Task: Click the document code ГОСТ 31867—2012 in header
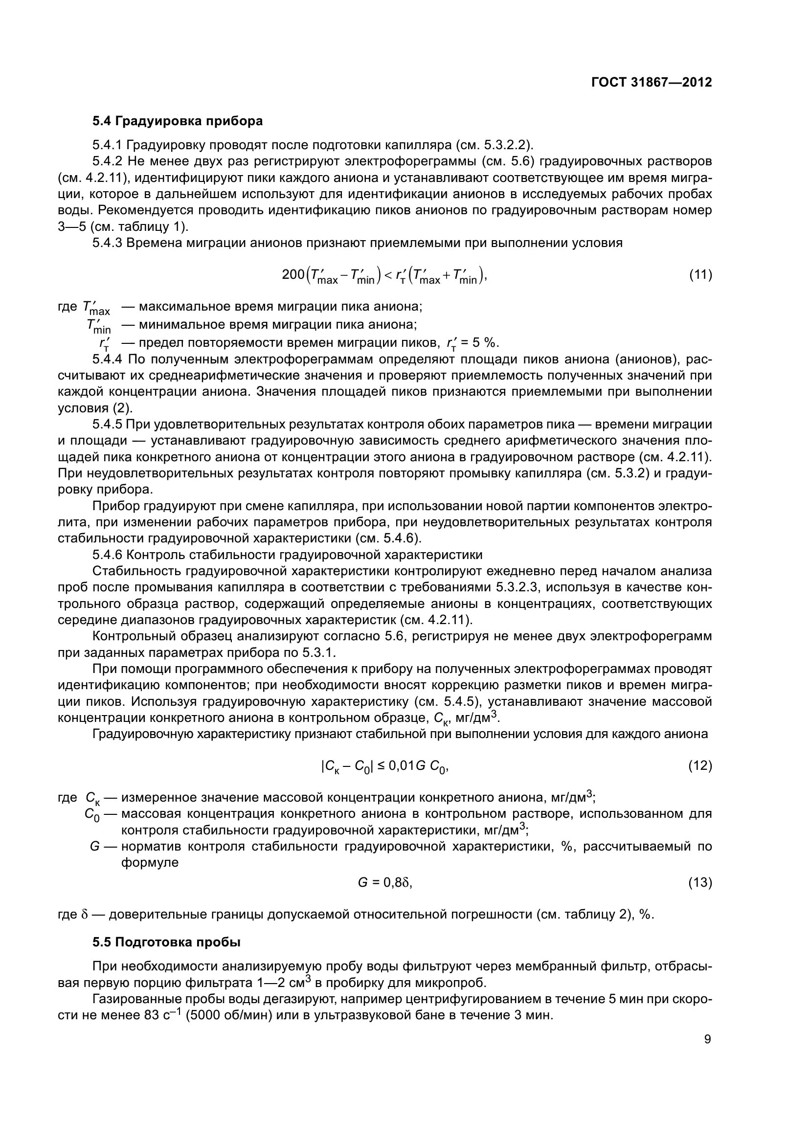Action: pyautogui.click(x=651, y=82)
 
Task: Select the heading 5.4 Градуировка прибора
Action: pyautogui.click(x=178, y=121)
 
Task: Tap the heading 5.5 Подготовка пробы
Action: pyautogui.click(x=166, y=942)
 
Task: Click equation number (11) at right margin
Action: pyautogui.click(x=700, y=274)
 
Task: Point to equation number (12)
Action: pyautogui.click(x=700, y=766)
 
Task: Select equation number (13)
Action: pyautogui.click(x=700, y=883)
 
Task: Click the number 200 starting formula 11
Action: pyautogui.click(x=293, y=274)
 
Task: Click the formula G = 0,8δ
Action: pyautogui.click(x=384, y=883)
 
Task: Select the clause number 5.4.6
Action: pyautogui.click(x=108, y=555)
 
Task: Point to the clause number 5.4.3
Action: pyautogui.click(x=108, y=243)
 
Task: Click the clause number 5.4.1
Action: pyautogui.click(x=108, y=145)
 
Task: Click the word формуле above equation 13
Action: pyautogui.click(x=150, y=863)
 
